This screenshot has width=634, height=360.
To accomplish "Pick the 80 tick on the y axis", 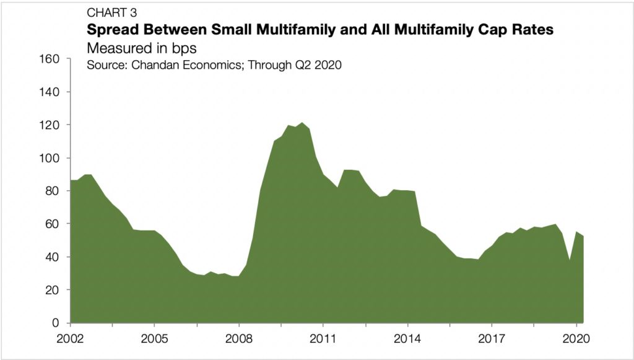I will point(52,191).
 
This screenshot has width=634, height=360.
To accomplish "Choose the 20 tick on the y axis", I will point(52,290).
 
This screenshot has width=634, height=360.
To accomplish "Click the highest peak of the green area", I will point(302,123).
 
